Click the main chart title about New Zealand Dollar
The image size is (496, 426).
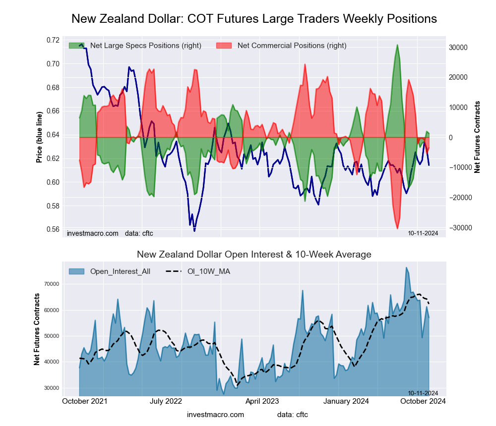[254, 19]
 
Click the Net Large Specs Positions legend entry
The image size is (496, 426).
[145, 46]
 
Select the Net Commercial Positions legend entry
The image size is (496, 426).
[292, 46]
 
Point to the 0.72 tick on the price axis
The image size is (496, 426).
[53, 40]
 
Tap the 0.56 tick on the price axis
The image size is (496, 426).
[53, 229]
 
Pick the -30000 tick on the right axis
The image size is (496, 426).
[460, 228]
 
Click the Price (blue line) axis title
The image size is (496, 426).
[39, 134]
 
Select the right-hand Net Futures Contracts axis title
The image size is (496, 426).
[478, 137]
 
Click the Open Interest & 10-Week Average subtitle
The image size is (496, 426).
[254, 255]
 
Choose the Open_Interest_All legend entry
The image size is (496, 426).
[120, 271]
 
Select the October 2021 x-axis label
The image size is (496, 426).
[85, 401]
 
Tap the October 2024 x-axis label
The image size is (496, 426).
[423, 401]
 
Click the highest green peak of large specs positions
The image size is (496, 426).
[397, 45]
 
